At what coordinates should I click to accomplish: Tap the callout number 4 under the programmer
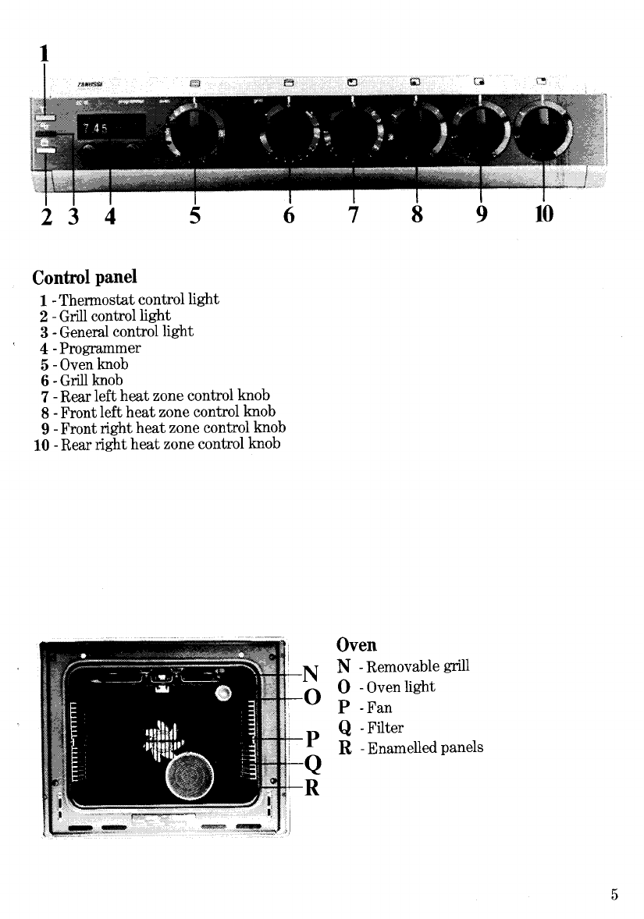tap(110, 214)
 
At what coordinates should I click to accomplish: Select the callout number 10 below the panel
tap(543, 213)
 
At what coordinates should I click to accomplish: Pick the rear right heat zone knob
tap(543, 129)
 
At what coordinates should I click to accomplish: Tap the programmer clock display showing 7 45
tap(109, 128)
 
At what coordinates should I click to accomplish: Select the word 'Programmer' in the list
tap(96, 348)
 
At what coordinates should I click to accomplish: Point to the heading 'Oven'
tap(356, 644)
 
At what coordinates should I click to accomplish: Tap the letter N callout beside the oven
tap(311, 673)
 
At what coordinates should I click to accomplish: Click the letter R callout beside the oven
tap(311, 788)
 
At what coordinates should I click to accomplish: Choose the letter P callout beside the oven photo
tap(311, 738)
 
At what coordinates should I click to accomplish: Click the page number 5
tap(615, 896)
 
